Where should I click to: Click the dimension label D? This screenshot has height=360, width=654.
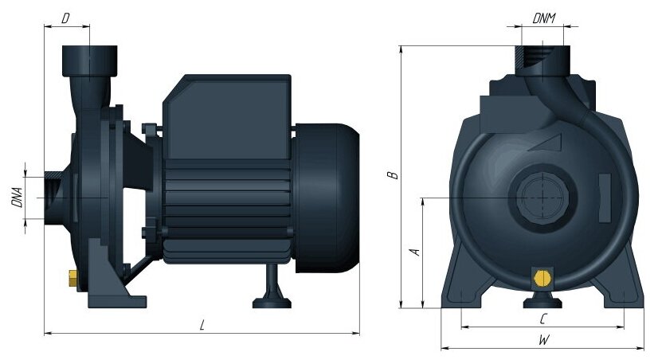(x=65, y=18)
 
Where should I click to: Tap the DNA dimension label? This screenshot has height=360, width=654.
(x=17, y=198)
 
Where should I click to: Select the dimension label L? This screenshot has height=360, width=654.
(x=202, y=325)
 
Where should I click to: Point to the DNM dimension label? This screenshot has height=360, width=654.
(x=544, y=18)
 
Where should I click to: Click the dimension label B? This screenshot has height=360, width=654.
(x=393, y=175)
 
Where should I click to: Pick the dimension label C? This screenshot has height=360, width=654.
(x=542, y=319)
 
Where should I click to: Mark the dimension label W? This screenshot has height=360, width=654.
(x=544, y=340)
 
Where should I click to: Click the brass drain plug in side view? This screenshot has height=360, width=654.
(x=73, y=278)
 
